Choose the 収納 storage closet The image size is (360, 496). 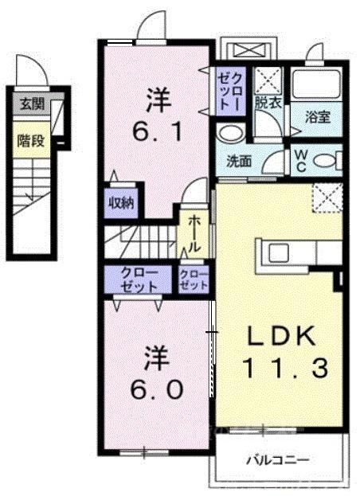(120, 202)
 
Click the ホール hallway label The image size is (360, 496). (194, 232)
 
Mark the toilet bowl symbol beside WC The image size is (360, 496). (326, 160)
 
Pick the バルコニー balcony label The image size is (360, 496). (277, 459)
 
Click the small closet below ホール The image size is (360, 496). (194, 279)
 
